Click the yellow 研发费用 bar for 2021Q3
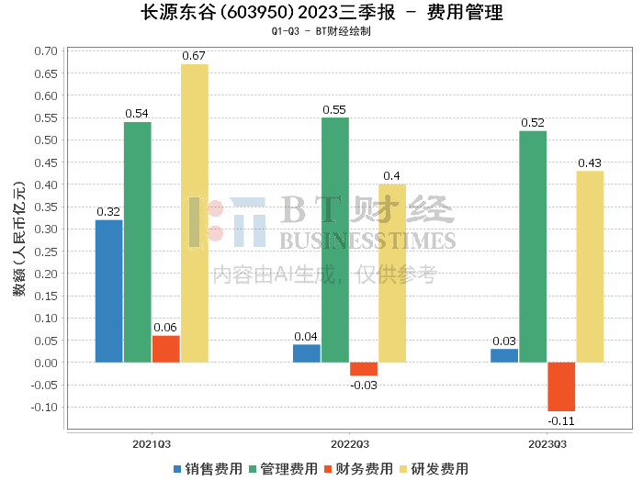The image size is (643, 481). (195, 213)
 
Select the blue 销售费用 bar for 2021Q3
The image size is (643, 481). (108, 291)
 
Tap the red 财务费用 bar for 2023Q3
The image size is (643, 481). (561, 386)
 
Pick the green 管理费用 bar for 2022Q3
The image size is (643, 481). (335, 240)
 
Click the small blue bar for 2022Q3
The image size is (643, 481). (307, 353)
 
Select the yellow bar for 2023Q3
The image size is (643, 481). (590, 267)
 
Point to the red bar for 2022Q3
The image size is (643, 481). (364, 369)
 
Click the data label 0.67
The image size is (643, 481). (194, 56)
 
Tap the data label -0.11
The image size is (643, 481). (561, 420)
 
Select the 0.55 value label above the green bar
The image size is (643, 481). (334, 110)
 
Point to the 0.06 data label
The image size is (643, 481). (165, 328)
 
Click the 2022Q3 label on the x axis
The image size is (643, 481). (350, 444)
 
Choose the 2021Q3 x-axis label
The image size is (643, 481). (152, 444)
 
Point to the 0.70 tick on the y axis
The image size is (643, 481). (46, 51)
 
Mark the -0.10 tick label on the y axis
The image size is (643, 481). (44, 408)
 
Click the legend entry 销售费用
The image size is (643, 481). (208, 469)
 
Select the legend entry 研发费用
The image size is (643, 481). (434, 469)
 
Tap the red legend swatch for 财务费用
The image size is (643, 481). (328, 469)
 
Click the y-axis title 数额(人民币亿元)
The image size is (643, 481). (19, 239)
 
